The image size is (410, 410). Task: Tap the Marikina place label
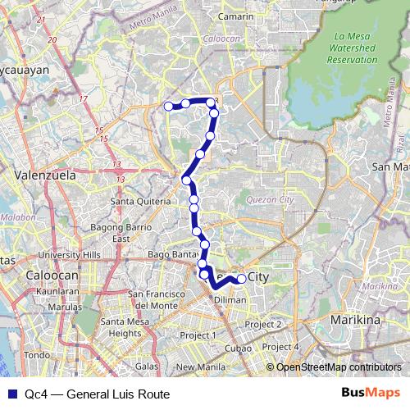356,318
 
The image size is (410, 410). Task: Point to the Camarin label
236,16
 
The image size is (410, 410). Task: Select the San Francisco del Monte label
157,299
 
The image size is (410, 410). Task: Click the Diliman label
230,300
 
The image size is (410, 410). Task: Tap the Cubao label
239,349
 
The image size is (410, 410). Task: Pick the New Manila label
199,367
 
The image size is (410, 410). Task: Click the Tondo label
38,355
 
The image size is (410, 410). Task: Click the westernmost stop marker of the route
169,105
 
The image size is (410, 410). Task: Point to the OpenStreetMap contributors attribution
338,367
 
